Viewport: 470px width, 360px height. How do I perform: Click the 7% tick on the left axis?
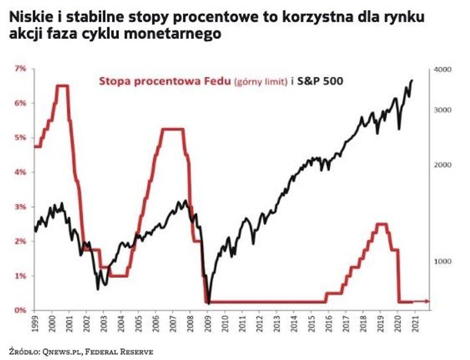(19, 69)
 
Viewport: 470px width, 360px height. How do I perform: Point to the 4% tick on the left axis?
(19, 172)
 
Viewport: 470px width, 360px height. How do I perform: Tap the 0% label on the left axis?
(19, 310)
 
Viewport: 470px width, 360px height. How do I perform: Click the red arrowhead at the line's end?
(429, 301)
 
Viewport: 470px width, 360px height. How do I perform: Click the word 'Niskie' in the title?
(27, 18)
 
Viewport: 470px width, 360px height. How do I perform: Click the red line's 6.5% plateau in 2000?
(62, 86)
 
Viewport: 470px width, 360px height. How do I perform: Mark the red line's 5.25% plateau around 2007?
(173, 129)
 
